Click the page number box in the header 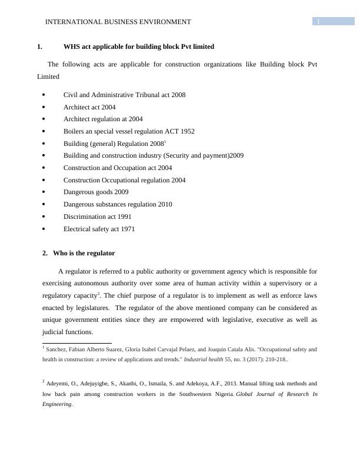[x=333, y=22]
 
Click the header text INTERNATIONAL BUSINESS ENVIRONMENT [x=118, y=22]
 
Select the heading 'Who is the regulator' [x=84, y=253]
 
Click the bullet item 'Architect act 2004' [x=89, y=107]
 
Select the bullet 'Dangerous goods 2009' [x=96, y=192]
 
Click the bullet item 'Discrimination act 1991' [x=98, y=217]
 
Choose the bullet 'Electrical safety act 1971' [x=99, y=229]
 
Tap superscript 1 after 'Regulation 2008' [x=165, y=141]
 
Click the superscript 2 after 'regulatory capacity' [x=99, y=293]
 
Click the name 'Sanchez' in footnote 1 [x=56, y=349]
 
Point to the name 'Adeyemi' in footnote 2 [x=59, y=383]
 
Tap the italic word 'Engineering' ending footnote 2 [x=57, y=404]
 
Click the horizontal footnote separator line [x=77, y=342]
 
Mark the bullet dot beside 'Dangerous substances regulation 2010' [x=44, y=205]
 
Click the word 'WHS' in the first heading [x=72, y=46]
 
